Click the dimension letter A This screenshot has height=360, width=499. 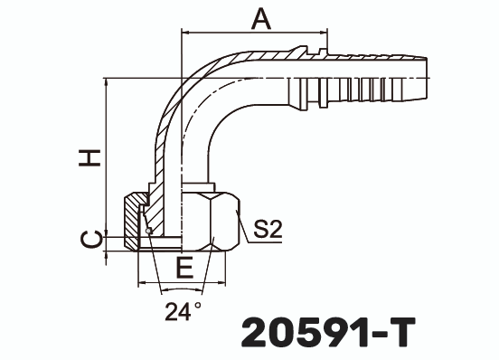coord(260,18)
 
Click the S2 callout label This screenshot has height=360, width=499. coord(268,230)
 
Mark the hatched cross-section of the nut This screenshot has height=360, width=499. coord(135,217)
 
